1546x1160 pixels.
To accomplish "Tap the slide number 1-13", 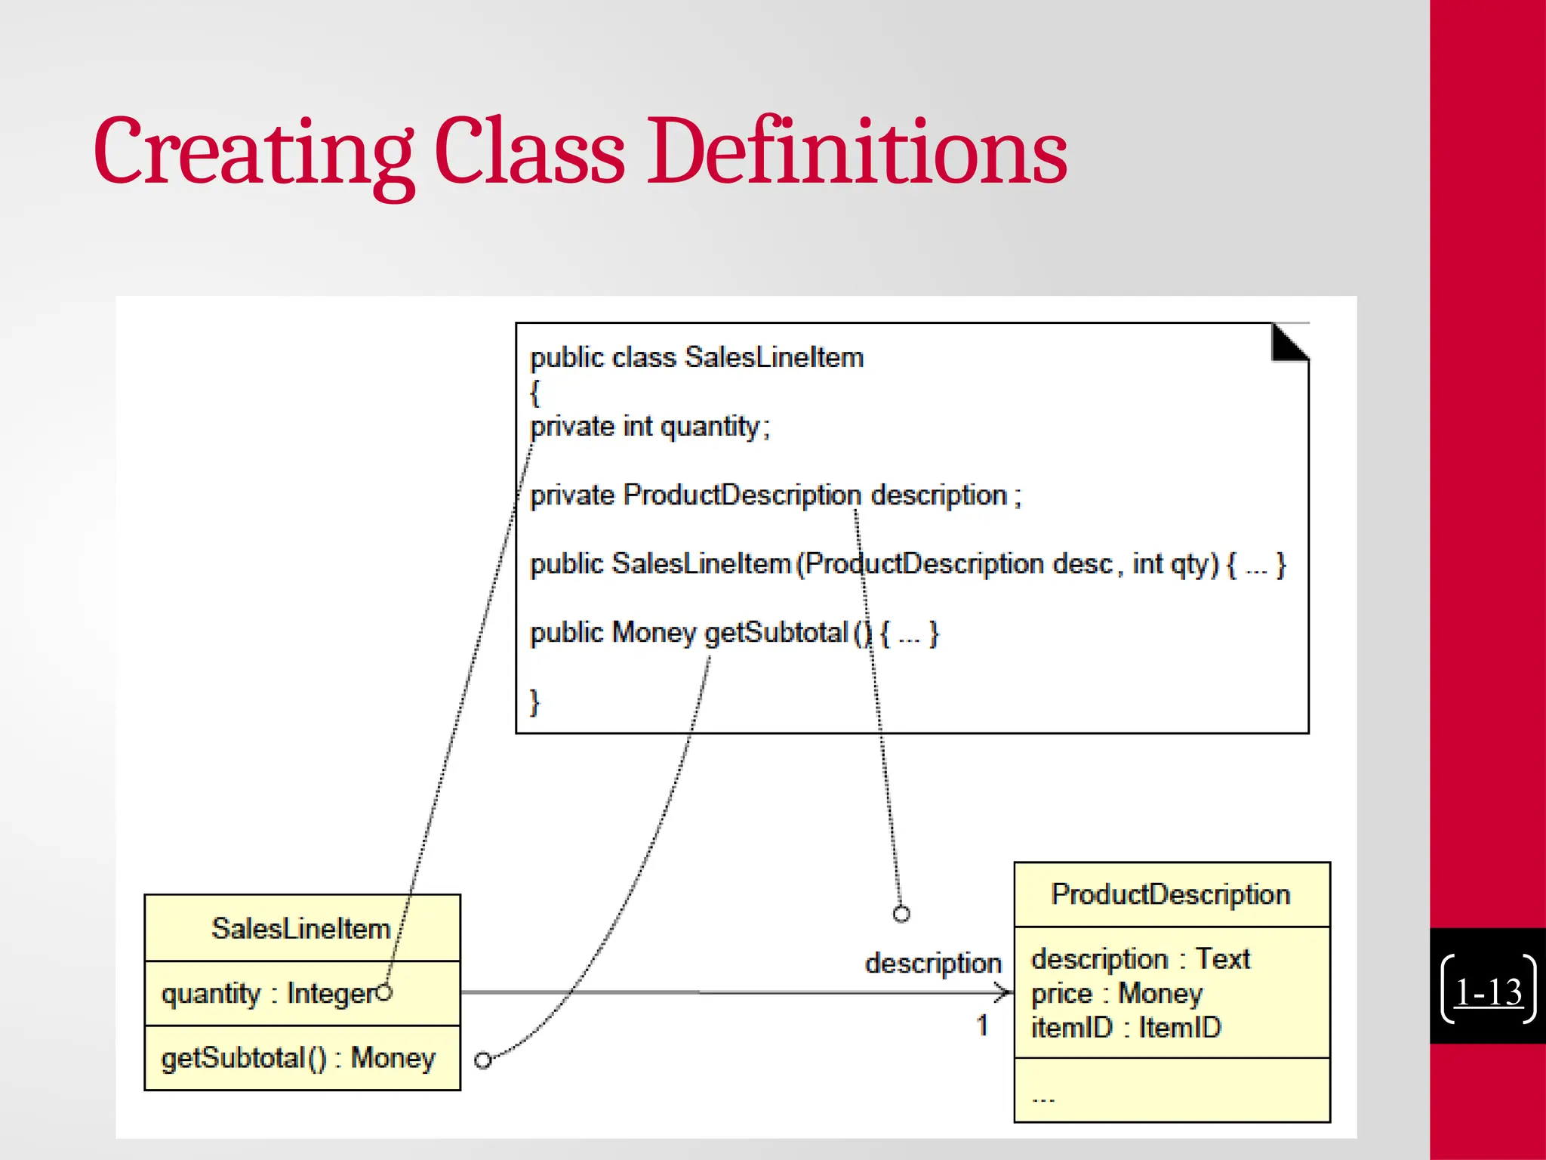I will click(x=1488, y=992).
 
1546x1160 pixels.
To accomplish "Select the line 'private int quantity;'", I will click(x=649, y=427).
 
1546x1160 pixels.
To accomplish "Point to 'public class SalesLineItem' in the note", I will click(x=696, y=357).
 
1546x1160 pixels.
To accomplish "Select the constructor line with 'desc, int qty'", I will click(x=906, y=564).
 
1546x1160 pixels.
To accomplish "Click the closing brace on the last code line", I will click(x=534, y=702).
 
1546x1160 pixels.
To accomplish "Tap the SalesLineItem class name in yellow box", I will click(x=300, y=928).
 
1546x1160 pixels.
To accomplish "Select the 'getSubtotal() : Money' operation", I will click(x=298, y=1058).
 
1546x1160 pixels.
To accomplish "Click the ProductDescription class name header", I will click(x=1171, y=894).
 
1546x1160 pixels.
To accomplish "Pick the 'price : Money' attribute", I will click(x=1116, y=993).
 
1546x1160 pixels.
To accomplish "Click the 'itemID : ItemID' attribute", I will click(x=1125, y=1028).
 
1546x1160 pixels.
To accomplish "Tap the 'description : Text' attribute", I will click(x=1140, y=958).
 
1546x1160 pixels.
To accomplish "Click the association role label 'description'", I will click(x=933, y=963).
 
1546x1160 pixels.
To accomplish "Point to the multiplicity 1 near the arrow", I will click(x=982, y=1025).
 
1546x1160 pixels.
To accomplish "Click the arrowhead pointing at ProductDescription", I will click(x=1005, y=992).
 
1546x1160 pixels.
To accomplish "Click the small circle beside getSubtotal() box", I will click(x=482, y=1060).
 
